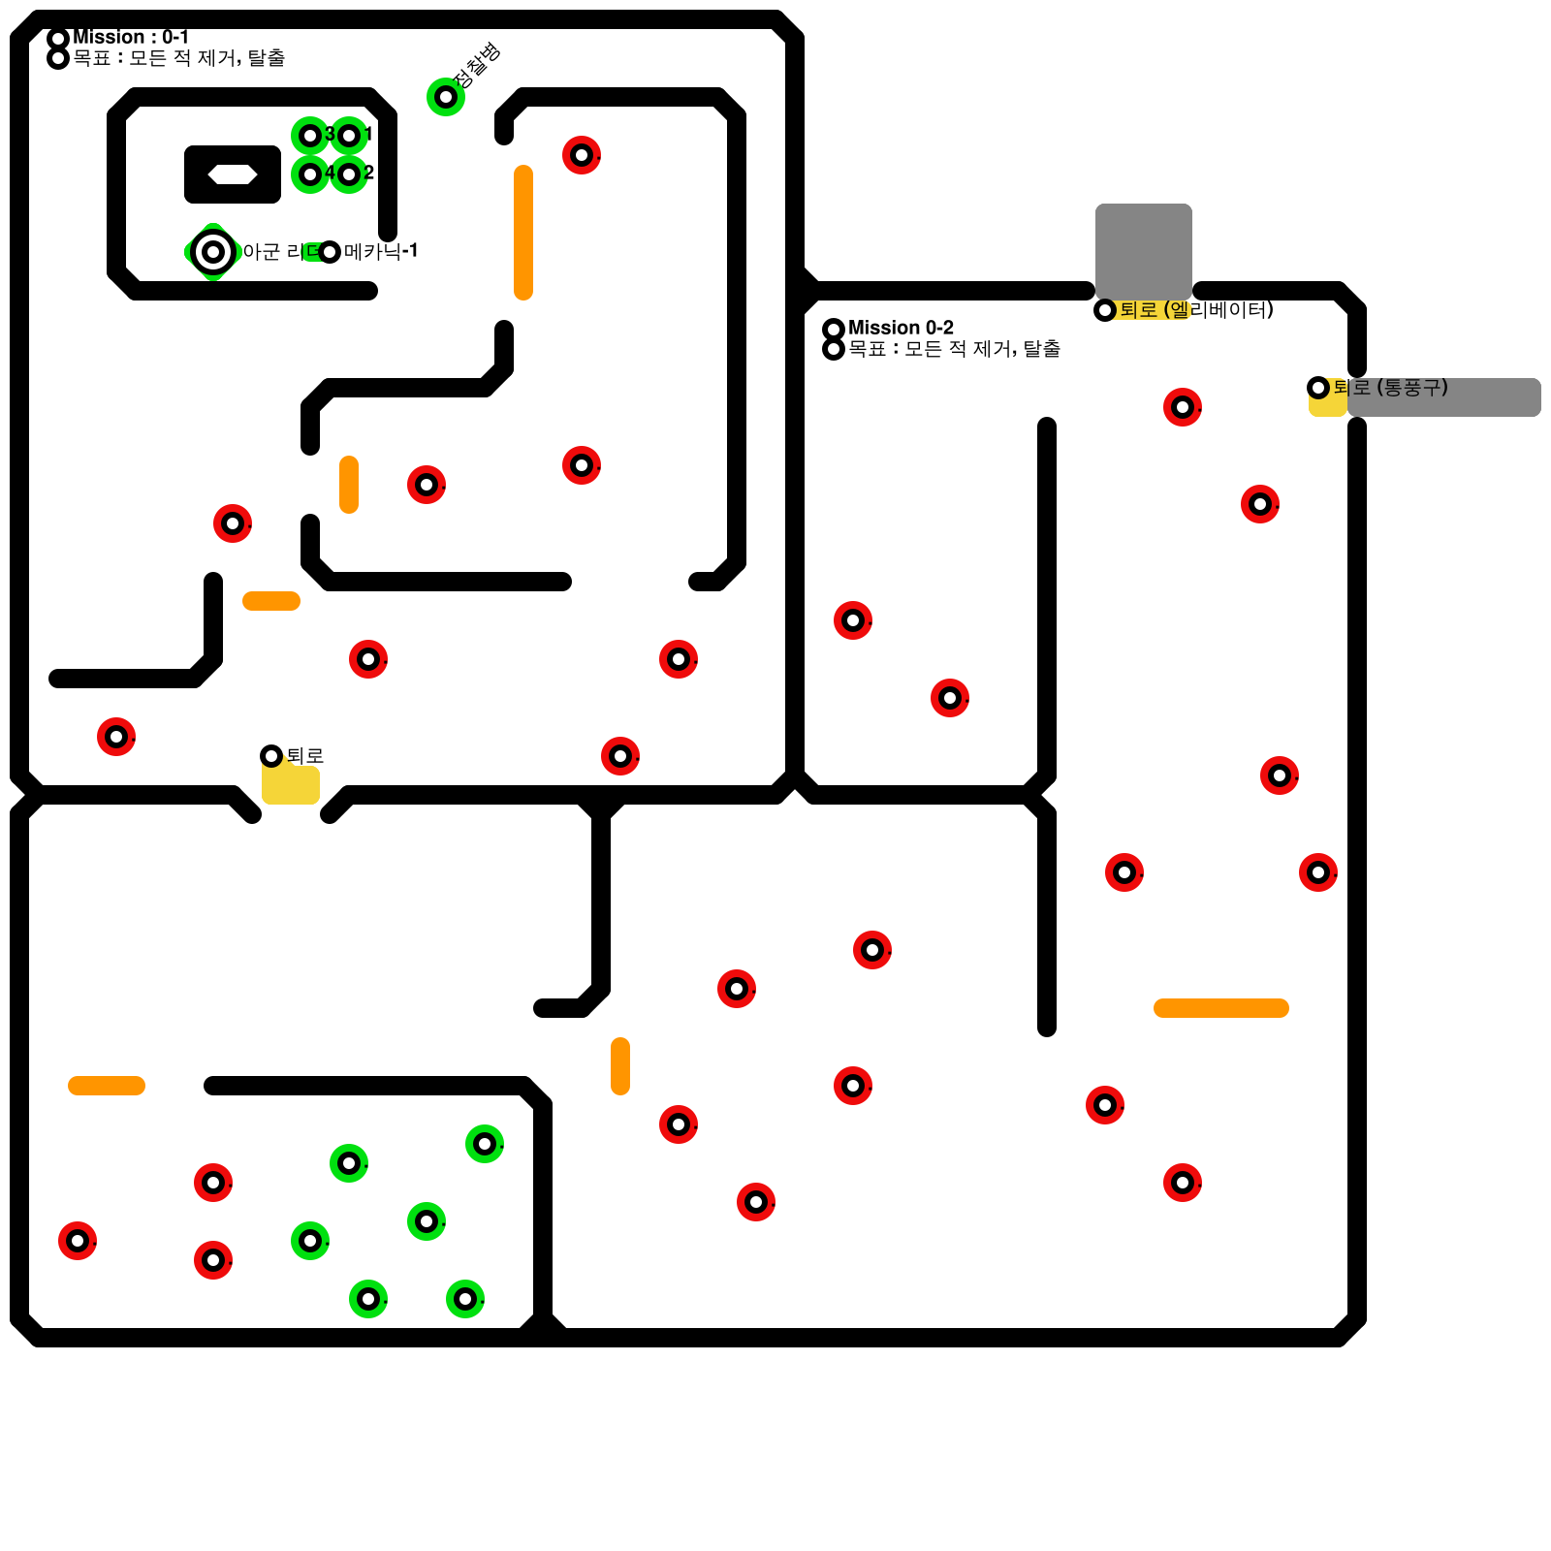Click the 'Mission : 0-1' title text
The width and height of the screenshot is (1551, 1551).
130,37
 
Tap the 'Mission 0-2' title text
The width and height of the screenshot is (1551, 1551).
901,328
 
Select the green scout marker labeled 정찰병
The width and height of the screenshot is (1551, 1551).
446,97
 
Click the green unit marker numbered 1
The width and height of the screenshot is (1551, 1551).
349,136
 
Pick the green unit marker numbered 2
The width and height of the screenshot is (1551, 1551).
349,174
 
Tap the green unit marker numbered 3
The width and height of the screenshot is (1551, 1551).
310,136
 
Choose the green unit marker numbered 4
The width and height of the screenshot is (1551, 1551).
310,174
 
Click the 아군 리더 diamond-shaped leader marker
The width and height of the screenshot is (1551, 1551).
213,252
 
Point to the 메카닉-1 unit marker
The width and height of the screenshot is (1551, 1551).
330,252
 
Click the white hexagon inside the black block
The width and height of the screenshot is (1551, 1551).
233,174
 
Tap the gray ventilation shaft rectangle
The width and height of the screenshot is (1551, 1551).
1444,397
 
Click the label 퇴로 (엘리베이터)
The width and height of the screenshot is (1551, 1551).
1196,310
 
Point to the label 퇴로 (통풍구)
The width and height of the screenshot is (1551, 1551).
1390,388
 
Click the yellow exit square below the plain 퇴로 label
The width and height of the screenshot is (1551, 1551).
291,783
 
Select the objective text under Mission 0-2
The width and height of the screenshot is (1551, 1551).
954,349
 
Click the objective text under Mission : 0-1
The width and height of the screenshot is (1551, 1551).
179,58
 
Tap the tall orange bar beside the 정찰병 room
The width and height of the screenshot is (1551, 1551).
523,233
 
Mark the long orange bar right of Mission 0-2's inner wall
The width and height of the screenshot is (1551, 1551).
1221,1008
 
